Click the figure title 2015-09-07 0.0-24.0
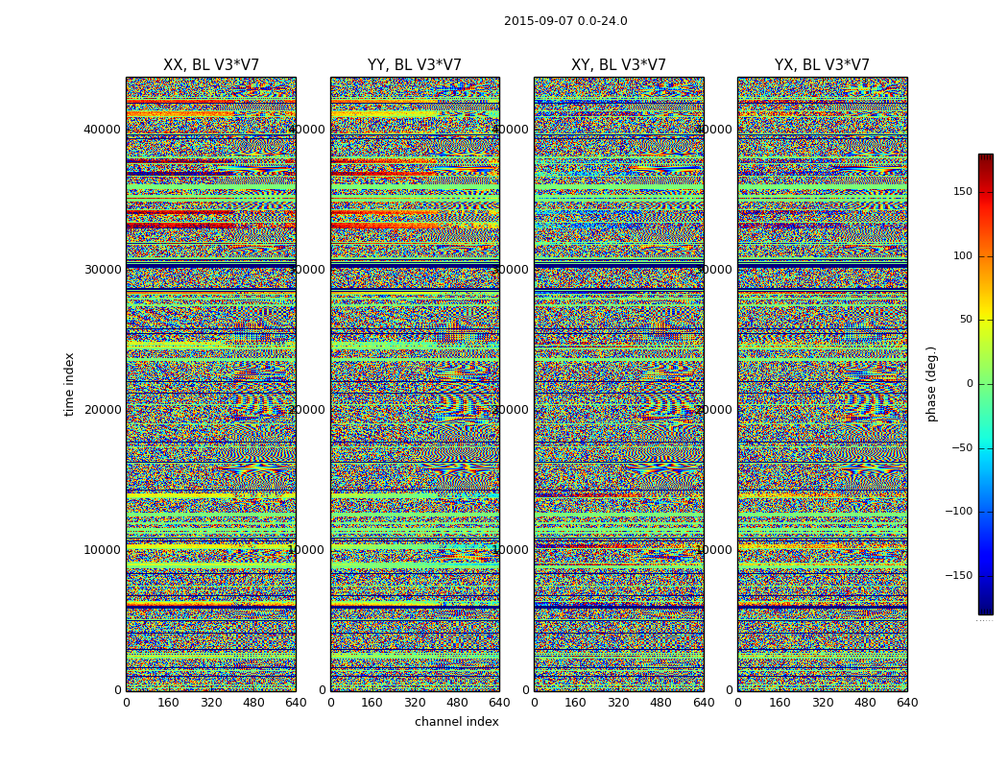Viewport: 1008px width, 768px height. (x=565, y=21)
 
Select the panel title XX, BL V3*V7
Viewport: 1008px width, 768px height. (x=211, y=65)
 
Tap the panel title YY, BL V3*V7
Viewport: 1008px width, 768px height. (x=415, y=65)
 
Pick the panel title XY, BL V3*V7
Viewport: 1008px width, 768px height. (x=618, y=65)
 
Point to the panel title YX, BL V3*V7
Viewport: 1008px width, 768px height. (x=822, y=65)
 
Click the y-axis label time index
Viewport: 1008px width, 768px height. (x=69, y=383)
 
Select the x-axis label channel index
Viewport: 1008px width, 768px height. (x=457, y=722)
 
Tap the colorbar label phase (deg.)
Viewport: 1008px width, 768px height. (x=931, y=383)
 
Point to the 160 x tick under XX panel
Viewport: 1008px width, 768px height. (x=168, y=703)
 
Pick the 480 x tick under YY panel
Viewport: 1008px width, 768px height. (x=457, y=703)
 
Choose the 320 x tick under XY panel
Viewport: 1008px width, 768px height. (x=618, y=703)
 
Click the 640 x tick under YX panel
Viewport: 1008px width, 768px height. (x=907, y=703)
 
